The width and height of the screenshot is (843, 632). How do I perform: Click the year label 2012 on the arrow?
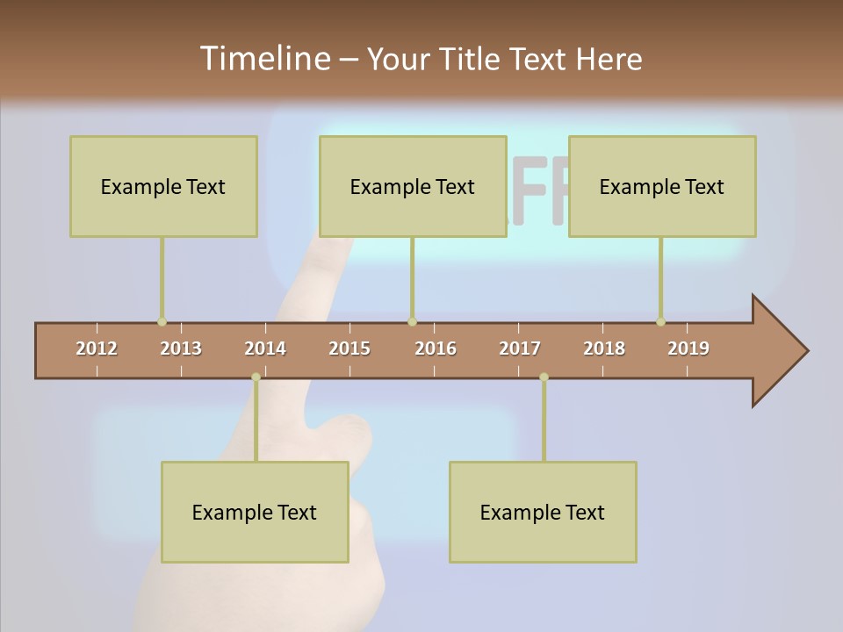tap(97, 348)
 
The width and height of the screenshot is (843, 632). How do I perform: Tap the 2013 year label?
tap(181, 348)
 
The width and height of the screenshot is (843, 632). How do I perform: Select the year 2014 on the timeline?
tap(265, 348)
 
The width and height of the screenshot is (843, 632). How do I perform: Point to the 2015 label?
tap(349, 348)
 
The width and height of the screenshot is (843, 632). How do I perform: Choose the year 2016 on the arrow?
tap(436, 348)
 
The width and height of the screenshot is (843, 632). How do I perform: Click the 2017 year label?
tap(520, 348)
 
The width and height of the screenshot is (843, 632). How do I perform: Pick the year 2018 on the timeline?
tap(604, 348)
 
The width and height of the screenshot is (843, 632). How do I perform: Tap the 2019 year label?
tap(688, 348)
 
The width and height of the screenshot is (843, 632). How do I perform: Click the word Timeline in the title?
tap(263, 59)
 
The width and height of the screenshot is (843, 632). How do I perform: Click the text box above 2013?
tap(163, 186)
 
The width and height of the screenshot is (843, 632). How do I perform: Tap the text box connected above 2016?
tap(413, 186)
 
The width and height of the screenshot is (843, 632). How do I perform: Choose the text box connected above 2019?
tap(662, 186)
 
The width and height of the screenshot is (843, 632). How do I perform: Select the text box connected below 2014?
tap(255, 512)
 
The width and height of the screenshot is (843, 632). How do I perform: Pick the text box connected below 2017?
tap(543, 512)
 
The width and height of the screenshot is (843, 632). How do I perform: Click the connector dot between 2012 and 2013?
tap(162, 321)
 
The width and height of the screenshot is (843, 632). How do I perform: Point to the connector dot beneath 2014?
tap(256, 377)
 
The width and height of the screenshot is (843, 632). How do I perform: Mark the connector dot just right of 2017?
tap(544, 377)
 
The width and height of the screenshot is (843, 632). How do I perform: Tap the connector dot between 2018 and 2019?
tap(660, 321)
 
